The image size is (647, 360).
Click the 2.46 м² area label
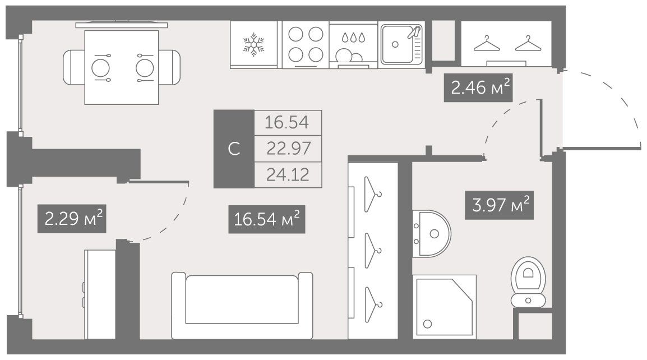click(478, 87)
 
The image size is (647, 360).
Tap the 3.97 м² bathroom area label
click(500, 205)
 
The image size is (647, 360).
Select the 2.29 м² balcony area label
click(72, 219)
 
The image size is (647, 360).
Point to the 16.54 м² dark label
click(266, 219)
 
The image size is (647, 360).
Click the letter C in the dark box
click(234, 149)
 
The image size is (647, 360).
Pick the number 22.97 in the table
click(288, 148)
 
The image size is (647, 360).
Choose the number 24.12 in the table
click(288, 174)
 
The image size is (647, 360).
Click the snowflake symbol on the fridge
click(253, 45)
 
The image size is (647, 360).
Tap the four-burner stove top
click(306, 45)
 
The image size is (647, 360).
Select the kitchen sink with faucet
click(402, 45)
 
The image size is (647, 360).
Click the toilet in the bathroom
click(528, 282)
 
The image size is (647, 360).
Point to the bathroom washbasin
click(432, 234)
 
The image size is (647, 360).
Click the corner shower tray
click(445, 307)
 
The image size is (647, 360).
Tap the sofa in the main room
click(242, 306)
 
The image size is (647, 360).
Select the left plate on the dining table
click(100, 68)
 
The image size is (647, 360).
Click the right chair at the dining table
click(169, 68)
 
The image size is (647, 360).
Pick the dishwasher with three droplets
click(354, 45)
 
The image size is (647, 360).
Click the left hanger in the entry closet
click(487, 44)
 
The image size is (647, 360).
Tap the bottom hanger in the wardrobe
click(373, 304)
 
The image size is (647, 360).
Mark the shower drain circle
click(427, 324)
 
